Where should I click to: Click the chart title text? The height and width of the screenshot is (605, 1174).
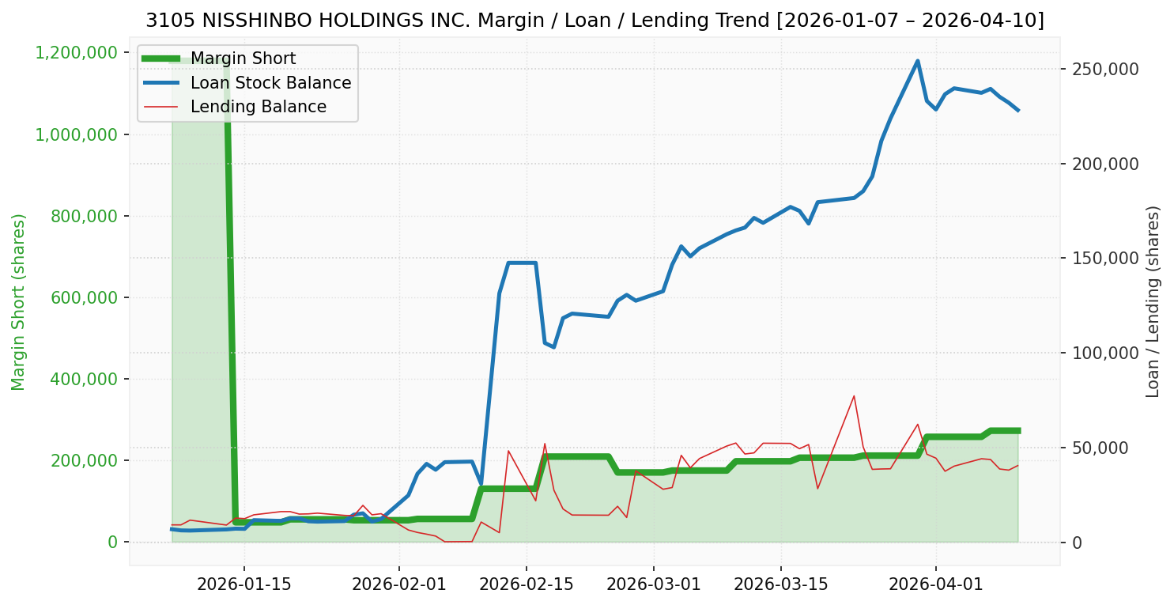point(595,21)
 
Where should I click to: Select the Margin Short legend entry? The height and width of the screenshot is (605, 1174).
point(243,59)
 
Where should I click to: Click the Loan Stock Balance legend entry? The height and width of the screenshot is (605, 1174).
point(270,83)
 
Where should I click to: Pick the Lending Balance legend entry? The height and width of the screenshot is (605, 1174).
point(258,107)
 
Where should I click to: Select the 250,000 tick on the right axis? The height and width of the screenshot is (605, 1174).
point(1105,69)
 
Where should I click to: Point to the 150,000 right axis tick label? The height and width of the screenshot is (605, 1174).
point(1105,259)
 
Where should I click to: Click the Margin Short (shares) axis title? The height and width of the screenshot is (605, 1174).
point(19,301)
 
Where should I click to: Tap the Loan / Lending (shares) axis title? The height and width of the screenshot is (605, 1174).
point(1153,301)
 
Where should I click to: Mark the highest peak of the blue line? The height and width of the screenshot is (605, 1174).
point(917,61)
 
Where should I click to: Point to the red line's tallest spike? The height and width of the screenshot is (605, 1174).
point(854,395)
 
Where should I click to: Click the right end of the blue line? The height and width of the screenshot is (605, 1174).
point(1018,111)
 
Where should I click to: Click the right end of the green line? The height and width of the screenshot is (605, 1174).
point(1018,431)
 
